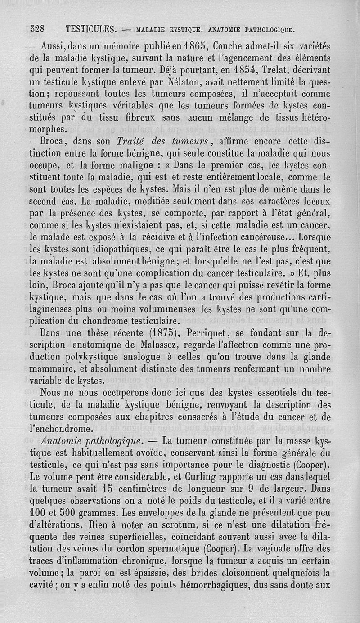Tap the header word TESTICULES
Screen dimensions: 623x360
coord(91,30)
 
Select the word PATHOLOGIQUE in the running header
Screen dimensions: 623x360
coord(270,30)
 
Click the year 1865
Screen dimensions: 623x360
coord(194,46)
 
